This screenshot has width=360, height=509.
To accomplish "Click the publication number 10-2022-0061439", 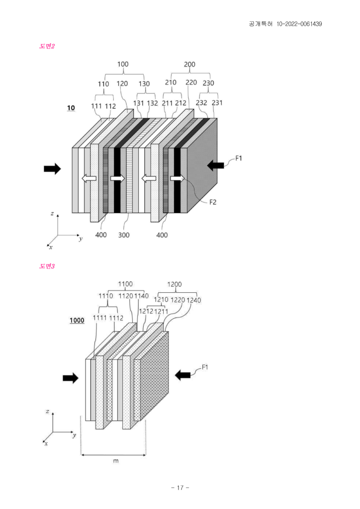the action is pos(299,24).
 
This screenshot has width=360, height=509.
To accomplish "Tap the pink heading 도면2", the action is pos(47,46).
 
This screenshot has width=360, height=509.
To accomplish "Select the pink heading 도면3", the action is pos(47,266).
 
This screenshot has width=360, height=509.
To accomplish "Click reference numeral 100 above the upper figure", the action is pos(123,64).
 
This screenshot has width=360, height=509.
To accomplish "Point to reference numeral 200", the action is pos(189,64).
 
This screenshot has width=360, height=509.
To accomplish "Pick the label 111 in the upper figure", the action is pos(96,106).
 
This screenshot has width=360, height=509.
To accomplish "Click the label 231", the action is pos(217,102).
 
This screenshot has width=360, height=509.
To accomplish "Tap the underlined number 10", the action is pos(71,108).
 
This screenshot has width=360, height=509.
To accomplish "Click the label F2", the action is pos(213,202).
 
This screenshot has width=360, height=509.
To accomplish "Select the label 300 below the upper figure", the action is pos(124,235).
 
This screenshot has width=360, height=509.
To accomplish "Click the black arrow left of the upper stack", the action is pos(52,169).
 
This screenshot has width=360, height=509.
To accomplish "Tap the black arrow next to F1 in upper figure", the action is pos(215,166).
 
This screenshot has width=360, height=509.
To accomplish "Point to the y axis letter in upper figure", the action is pos(81,239).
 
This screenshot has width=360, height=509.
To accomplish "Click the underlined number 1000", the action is pos(77,321).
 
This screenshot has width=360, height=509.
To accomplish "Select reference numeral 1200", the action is pos(175,284).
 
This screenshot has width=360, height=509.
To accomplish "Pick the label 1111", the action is pos(99,318).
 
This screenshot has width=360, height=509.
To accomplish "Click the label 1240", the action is pos(193,300).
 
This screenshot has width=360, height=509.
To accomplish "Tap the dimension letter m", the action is pos(115,461).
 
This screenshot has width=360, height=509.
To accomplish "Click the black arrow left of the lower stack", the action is pos(71,378).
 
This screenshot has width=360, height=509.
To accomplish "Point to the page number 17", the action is pos(180,488).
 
